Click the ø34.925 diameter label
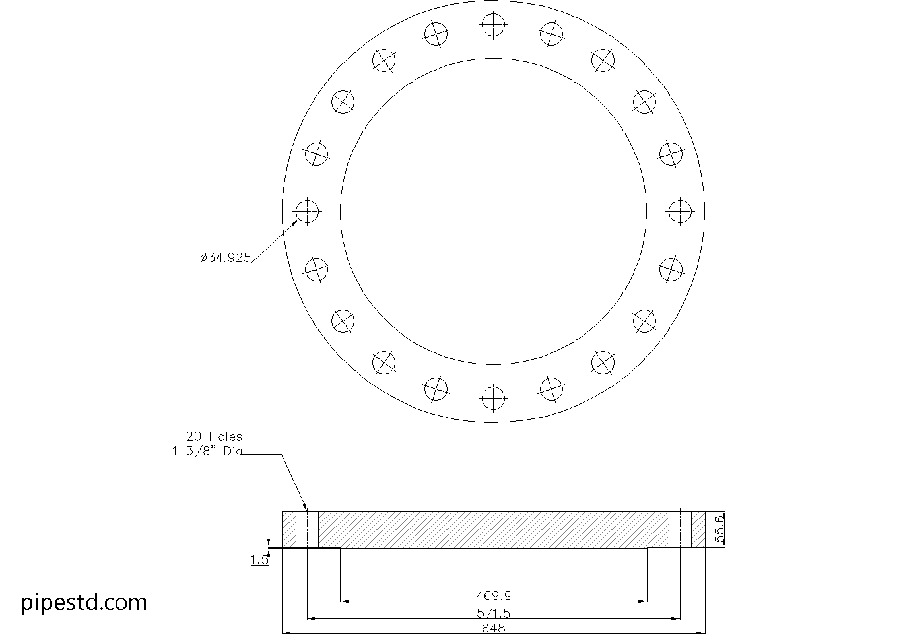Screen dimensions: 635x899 226,257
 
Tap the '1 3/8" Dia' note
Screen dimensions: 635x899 207,451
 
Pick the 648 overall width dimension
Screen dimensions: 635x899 493,628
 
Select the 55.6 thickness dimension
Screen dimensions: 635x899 719,529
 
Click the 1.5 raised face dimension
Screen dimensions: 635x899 259,560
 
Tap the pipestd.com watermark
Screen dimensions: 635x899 84,602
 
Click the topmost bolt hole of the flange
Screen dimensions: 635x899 492,25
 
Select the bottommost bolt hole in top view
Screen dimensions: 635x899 492,398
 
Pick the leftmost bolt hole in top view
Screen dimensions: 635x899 307,212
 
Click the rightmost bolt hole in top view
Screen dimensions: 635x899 680,212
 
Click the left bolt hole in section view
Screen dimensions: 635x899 307,529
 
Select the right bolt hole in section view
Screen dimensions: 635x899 680,529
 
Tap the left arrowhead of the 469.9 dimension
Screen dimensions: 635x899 344,601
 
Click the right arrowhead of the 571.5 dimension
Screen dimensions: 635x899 676,618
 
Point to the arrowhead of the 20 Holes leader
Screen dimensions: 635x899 306,508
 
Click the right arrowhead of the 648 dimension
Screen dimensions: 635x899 701,633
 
